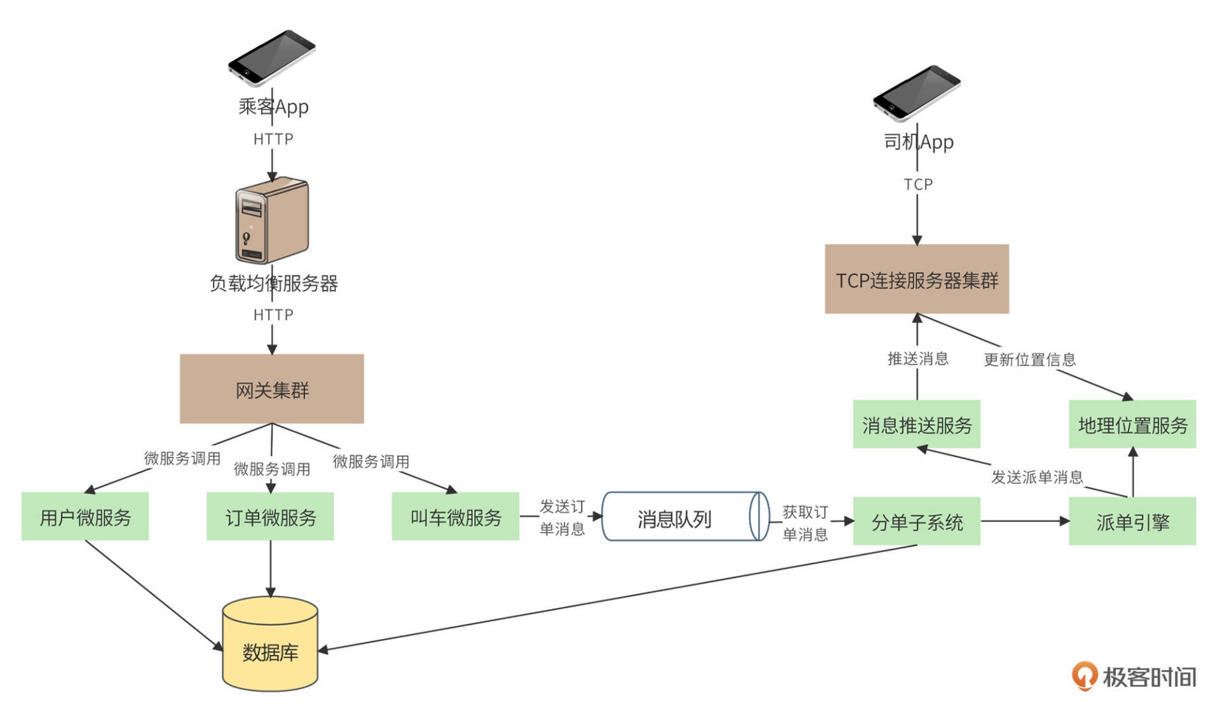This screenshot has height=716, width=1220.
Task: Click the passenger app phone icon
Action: [272, 57]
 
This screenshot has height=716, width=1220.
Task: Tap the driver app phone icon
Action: [916, 93]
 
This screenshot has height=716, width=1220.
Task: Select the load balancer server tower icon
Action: [272, 220]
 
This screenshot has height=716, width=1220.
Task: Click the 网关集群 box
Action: [272, 389]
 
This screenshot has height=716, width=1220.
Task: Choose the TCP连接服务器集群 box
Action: [916, 279]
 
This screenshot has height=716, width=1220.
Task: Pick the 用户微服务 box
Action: [85, 516]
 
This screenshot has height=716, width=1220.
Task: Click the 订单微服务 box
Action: [270, 516]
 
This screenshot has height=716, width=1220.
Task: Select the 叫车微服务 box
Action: [455, 516]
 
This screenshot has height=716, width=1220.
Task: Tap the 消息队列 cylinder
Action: [684, 516]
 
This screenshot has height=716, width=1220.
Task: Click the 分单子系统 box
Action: [916, 521]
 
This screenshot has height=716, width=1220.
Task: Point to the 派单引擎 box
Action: [1132, 521]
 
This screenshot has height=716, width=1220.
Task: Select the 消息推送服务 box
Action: [916, 424]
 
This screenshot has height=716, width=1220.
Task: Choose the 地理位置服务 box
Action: [1132, 424]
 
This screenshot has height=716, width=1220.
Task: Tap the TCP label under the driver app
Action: [918, 184]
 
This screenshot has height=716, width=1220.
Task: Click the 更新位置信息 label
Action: [1029, 360]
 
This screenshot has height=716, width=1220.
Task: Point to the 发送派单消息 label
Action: [1037, 477]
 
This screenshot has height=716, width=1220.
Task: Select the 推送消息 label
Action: [918, 359]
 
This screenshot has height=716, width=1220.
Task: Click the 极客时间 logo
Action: [1134, 677]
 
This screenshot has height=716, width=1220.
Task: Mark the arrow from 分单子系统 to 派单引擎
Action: [1024, 521]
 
